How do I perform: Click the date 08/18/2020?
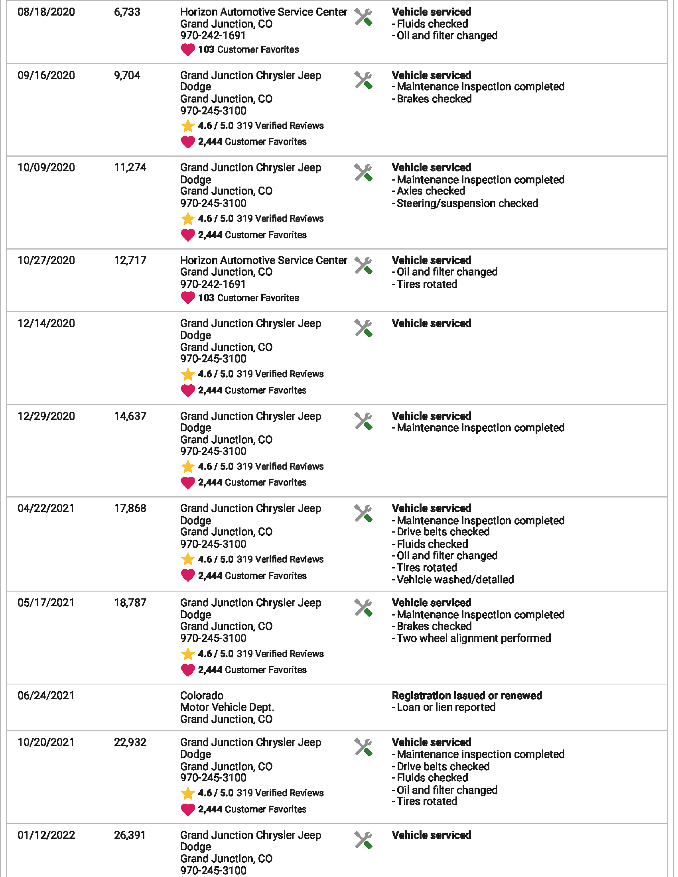click(x=46, y=12)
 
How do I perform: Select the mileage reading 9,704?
click(x=127, y=75)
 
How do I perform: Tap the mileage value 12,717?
click(x=130, y=260)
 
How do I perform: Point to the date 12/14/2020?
click(x=46, y=323)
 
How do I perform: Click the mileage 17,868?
click(x=130, y=508)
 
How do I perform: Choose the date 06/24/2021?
click(x=46, y=696)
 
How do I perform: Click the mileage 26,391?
click(x=130, y=835)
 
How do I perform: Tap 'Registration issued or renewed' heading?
click(x=467, y=696)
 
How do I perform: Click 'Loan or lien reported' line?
click(x=445, y=707)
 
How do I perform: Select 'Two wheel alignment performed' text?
click(x=473, y=638)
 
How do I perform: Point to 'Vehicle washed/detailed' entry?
click(x=455, y=580)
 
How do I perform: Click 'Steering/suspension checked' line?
click(x=467, y=203)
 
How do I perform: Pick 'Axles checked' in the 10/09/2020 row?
click(x=431, y=191)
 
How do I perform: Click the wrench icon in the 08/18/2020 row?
click(x=363, y=17)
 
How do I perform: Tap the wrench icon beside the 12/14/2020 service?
click(x=363, y=328)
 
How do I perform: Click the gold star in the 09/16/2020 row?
click(x=187, y=126)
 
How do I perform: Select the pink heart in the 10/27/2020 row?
click(x=187, y=298)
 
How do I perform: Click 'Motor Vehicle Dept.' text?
click(x=227, y=707)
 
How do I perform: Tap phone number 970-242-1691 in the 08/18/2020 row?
click(x=213, y=36)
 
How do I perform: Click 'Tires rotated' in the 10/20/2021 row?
click(x=427, y=801)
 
